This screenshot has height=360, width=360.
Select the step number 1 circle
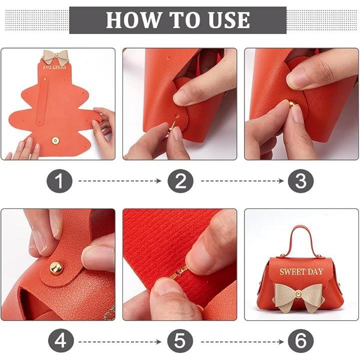click(x=59, y=181)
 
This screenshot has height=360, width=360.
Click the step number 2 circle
click(x=180, y=181)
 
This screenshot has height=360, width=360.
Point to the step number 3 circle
click(x=301, y=181)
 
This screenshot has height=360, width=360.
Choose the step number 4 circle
click(x=61, y=341)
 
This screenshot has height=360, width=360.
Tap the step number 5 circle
click(x=180, y=341)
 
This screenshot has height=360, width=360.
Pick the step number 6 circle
click(x=301, y=341)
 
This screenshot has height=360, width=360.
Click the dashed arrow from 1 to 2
click(x=119, y=181)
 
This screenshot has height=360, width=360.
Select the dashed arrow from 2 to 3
click(x=242, y=181)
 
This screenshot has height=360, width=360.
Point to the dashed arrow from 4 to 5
click(x=119, y=342)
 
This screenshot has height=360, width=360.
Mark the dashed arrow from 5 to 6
click(x=242, y=342)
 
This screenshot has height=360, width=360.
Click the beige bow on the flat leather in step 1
click(x=55, y=56)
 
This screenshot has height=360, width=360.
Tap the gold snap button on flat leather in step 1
click(x=55, y=140)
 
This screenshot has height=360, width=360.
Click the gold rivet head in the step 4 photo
click(x=56, y=267)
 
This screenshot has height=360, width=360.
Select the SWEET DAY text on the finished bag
click(x=301, y=272)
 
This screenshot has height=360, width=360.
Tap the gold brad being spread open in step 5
click(x=178, y=272)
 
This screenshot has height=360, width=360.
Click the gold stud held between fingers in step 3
click(x=291, y=105)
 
